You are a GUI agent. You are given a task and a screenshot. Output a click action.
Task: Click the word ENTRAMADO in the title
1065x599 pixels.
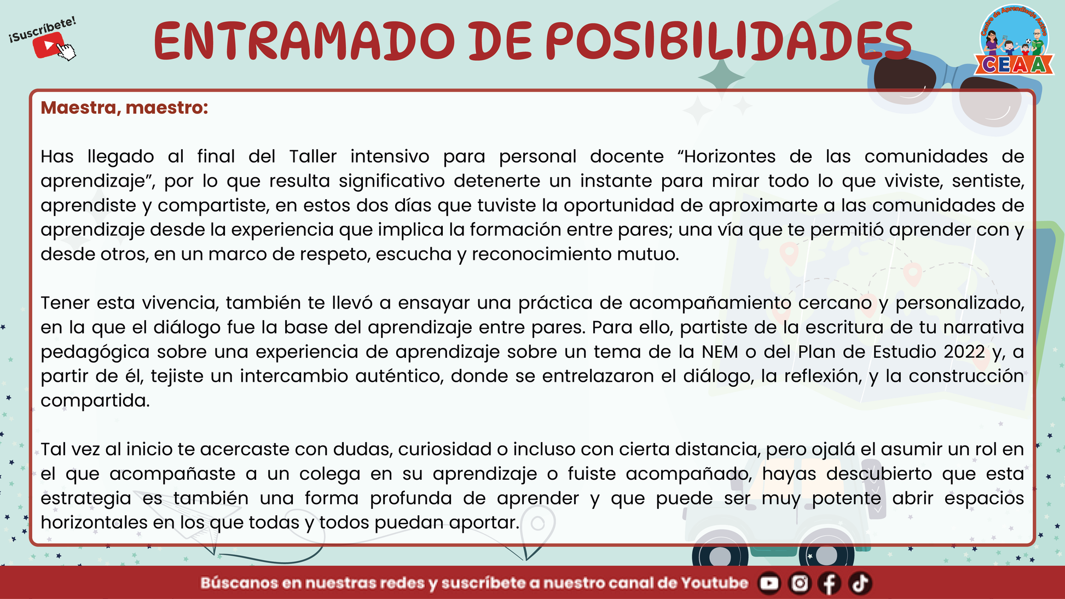304,42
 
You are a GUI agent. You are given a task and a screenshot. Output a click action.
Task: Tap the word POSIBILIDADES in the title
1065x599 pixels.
729,42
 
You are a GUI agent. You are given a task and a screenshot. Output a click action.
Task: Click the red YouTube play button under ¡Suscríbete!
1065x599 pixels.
49,45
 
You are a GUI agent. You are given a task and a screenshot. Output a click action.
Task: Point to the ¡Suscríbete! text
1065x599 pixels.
43,30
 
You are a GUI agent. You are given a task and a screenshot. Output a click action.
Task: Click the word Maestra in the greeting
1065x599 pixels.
78,108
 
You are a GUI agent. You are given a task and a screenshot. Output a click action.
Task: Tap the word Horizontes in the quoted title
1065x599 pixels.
730,156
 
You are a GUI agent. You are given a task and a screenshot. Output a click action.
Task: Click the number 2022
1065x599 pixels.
964,352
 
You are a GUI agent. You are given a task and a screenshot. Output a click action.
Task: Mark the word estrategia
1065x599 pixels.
86,499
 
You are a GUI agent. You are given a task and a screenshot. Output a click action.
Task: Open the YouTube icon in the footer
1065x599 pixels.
769,583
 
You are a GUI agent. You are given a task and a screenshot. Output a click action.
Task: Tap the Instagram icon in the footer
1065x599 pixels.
800,583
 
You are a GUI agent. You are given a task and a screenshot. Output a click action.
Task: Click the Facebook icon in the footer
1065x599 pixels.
830,583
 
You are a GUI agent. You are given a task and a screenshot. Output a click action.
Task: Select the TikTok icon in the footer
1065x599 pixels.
860,583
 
